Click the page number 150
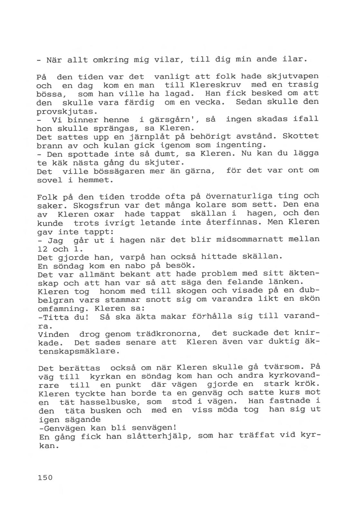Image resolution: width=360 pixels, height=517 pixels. [45, 477]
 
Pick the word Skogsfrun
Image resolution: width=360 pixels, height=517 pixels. [96, 205]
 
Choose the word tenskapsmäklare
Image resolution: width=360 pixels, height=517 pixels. [79, 351]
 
